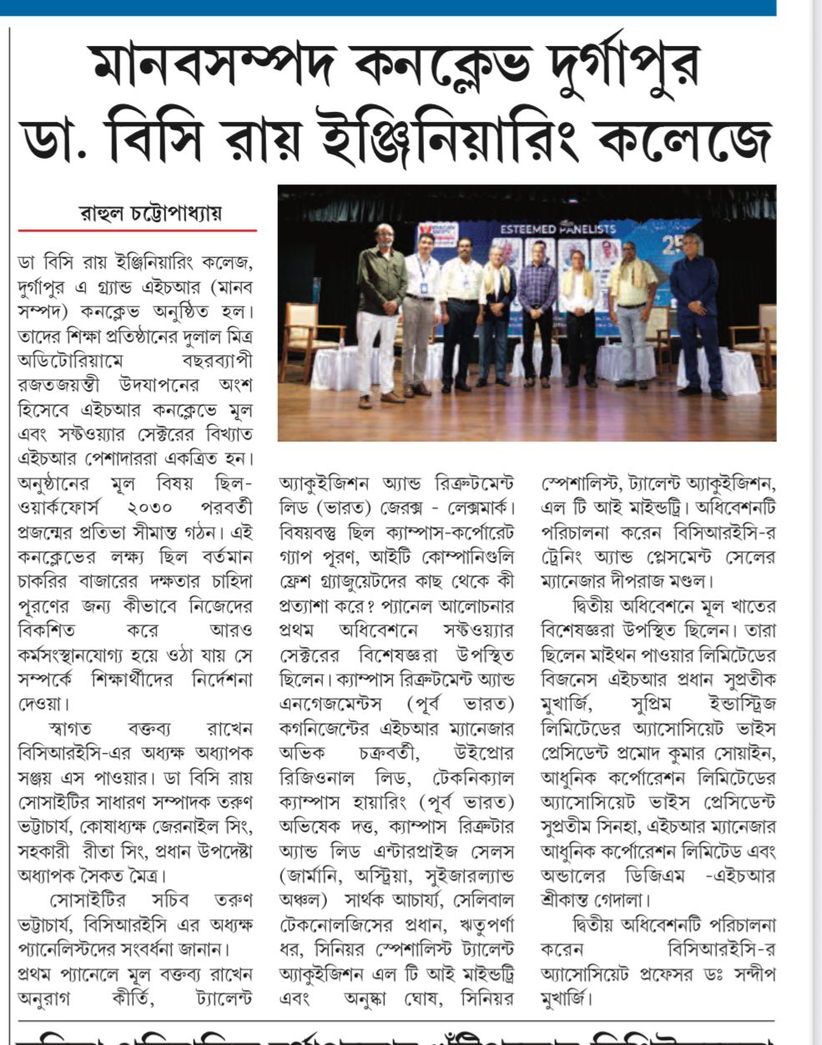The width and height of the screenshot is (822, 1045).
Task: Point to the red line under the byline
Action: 138,230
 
